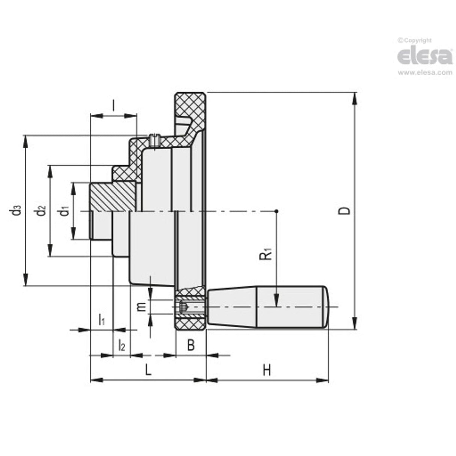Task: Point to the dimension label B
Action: (191, 345)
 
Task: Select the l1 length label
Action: (101, 320)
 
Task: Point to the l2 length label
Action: (121, 345)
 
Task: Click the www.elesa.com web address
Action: (425, 73)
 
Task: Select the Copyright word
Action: (417, 40)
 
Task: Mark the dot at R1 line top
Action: (276, 211)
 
